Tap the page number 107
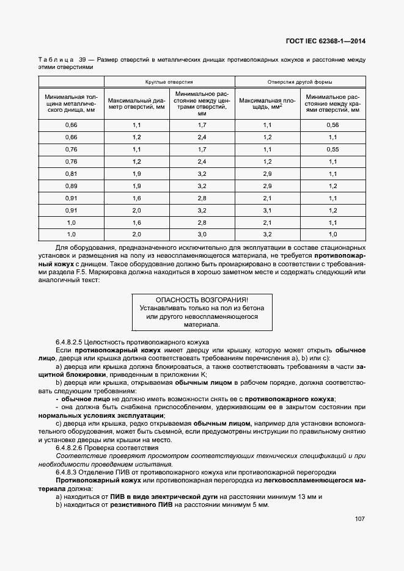tap(359, 519)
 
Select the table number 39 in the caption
tap(81, 60)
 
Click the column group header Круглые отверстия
tap(169, 81)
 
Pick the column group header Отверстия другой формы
tap(300, 81)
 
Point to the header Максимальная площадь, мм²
tap(268, 103)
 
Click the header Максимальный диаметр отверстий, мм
tap(136, 103)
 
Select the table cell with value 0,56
tap(333, 125)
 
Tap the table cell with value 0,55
tap(333, 149)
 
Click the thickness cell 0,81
tap(71, 173)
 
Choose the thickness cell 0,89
tap(71, 186)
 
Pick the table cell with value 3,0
tap(202, 234)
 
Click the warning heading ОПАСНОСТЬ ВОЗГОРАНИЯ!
tap(202, 300)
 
